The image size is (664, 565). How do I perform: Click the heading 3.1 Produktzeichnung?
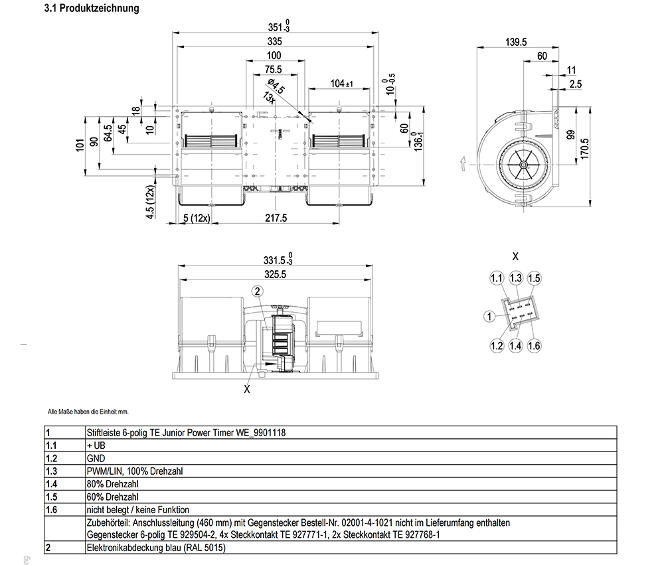[x=91, y=9]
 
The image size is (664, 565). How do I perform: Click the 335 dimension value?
[x=274, y=41]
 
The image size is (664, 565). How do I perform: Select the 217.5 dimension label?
[x=276, y=218]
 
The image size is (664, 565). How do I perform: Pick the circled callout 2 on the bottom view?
[x=258, y=290]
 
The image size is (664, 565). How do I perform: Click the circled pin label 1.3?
[x=516, y=278]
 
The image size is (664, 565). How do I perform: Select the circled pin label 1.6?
[x=534, y=345]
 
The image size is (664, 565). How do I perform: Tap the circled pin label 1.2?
[x=497, y=345]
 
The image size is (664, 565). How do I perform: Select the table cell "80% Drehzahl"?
[x=112, y=484]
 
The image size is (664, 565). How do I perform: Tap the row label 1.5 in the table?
[x=50, y=497]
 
